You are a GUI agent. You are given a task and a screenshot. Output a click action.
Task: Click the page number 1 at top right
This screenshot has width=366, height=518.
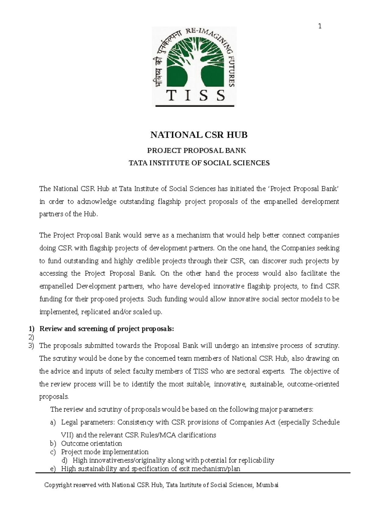click(320, 26)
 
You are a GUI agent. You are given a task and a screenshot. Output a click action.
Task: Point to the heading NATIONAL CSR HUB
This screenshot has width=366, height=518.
click(199, 135)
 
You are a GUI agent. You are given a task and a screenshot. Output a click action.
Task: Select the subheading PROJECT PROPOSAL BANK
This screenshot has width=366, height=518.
click(197, 150)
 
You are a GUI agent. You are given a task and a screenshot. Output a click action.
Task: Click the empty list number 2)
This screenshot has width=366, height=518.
click(31, 337)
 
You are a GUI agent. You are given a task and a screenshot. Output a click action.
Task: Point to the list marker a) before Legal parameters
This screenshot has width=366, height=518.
click(53, 423)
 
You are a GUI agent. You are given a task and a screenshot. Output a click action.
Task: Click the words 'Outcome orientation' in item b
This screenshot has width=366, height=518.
click(91, 443)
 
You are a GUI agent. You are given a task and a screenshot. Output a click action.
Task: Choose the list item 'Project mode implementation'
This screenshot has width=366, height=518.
click(105, 452)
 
